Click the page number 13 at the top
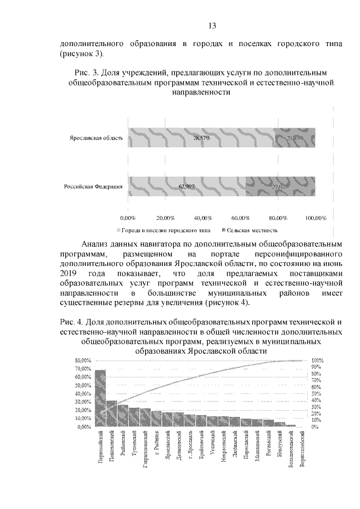click(x=212, y=25)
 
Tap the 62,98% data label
click(x=187, y=186)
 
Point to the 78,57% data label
click(x=201, y=138)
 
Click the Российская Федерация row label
click(x=93, y=186)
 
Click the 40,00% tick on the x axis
click(x=202, y=217)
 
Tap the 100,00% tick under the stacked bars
click(x=316, y=217)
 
